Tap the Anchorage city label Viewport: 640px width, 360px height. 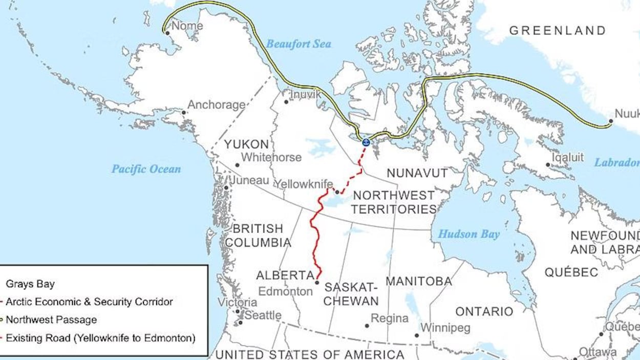click(216, 105)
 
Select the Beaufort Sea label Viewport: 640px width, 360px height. click(298, 44)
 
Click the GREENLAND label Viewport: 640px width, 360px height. click(557, 31)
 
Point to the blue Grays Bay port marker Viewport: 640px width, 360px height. click(366, 142)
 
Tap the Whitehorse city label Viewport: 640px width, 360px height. click(271, 158)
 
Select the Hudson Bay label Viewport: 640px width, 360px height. click(468, 235)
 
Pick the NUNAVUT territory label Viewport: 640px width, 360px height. click(417, 173)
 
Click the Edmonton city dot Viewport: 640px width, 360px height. click(317, 282)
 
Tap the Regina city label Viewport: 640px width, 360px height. click(390, 319)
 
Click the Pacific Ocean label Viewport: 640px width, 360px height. click(146, 169)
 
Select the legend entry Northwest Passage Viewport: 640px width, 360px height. click(51, 320)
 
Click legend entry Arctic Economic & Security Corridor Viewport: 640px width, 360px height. click(89, 302)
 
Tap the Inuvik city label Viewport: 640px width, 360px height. click(305, 95)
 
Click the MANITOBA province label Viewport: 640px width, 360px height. click(418, 281)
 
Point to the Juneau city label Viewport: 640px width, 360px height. click(249, 181)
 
